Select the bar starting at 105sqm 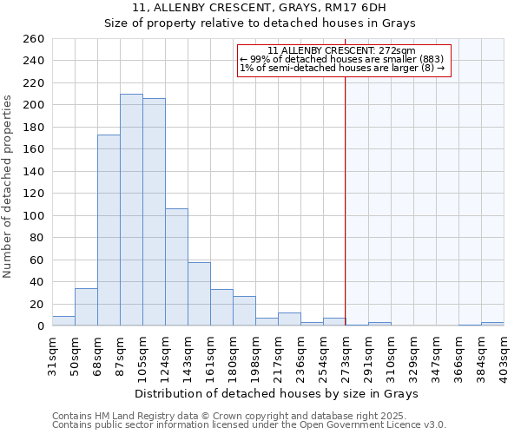tap(154, 212)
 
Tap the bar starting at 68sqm tap(109, 230)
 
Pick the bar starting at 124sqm tap(176, 267)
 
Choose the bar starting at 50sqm tap(86, 307)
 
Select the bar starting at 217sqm tap(289, 319)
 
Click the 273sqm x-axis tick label tap(346, 352)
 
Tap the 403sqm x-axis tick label tap(505, 352)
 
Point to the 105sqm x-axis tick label tap(143, 352)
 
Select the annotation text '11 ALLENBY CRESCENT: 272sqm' tap(341, 51)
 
